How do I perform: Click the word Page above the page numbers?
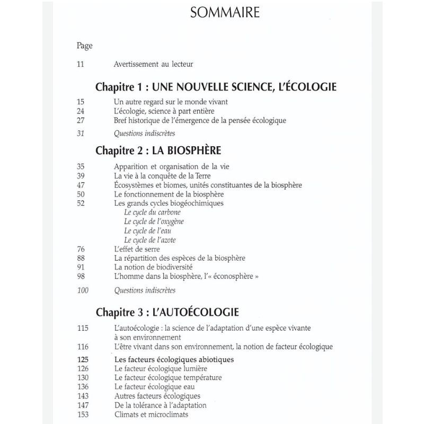[85, 45]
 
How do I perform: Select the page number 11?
[81, 65]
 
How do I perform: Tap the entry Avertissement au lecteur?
[153, 65]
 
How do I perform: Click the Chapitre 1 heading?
[216, 87]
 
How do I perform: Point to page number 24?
[81, 111]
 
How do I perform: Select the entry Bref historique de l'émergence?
[207, 120]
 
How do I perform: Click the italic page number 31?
[81, 134]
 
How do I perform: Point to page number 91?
[81, 267]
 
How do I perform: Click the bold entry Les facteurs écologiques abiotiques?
[174, 359]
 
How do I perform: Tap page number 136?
[82, 386]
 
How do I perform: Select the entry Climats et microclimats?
[151, 414]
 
